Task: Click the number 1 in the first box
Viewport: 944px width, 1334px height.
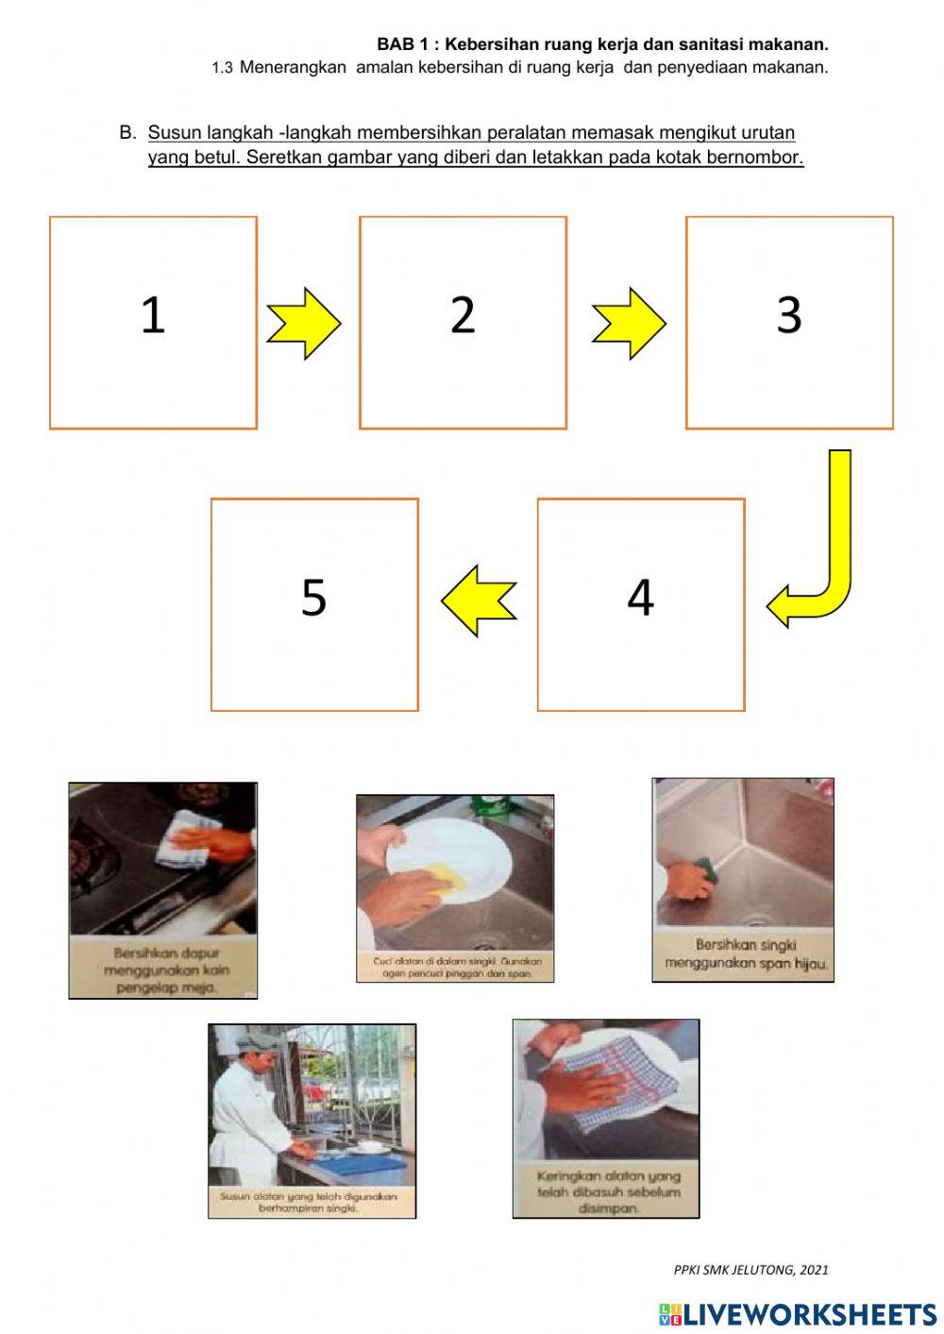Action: (x=152, y=315)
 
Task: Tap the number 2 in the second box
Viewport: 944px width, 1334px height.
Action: (x=463, y=315)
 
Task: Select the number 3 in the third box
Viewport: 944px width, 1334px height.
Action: (x=789, y=315)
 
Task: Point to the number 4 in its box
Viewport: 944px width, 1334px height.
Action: (x=640, y=598)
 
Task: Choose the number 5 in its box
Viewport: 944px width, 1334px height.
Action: (x=313, y=598)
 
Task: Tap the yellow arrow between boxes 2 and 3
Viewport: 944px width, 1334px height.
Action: (x=629, y=324)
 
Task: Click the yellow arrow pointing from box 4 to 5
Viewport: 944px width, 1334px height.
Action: (x=479, y=600)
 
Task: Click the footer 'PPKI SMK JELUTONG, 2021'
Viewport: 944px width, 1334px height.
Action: (x=750, y=1270)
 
